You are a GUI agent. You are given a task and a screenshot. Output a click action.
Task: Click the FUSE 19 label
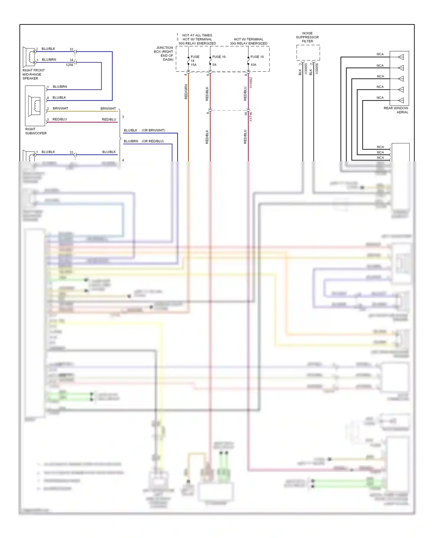coord(219,57)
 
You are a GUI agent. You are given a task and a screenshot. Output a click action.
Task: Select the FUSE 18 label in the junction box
coord(257,57)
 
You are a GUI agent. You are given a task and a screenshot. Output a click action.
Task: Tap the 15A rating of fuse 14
coord(194,65)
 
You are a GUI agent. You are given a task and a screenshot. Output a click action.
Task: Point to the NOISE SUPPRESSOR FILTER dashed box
coord(308,53)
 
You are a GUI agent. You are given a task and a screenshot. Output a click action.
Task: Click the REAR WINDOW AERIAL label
coord(396,110)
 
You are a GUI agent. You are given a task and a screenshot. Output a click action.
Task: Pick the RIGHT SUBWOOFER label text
coord(36,131)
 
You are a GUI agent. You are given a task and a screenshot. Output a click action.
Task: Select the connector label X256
coord(69,65)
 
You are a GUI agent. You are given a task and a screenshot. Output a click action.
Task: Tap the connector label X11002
coord(251,83)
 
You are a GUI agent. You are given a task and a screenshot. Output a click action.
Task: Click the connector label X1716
coord(251,117)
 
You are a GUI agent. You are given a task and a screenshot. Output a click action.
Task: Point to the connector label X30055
coord(306,69)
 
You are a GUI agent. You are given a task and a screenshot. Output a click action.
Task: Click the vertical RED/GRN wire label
coord(186,92)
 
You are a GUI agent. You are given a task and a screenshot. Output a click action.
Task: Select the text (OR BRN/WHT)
coord(153,130)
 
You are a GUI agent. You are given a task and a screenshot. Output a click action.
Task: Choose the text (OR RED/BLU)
coord(153,141)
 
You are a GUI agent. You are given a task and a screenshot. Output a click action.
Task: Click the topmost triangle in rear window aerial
coord(401,57)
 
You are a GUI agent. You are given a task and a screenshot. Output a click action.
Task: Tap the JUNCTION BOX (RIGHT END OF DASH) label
coord(164,54)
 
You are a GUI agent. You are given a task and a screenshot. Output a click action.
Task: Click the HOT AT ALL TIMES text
coord(197,35)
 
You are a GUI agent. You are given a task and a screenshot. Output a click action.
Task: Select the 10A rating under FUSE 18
coord(253,65)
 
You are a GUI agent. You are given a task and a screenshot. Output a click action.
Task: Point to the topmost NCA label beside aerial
coord(380,54)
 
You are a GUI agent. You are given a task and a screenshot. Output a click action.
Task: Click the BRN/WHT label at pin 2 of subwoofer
coord(60,109)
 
